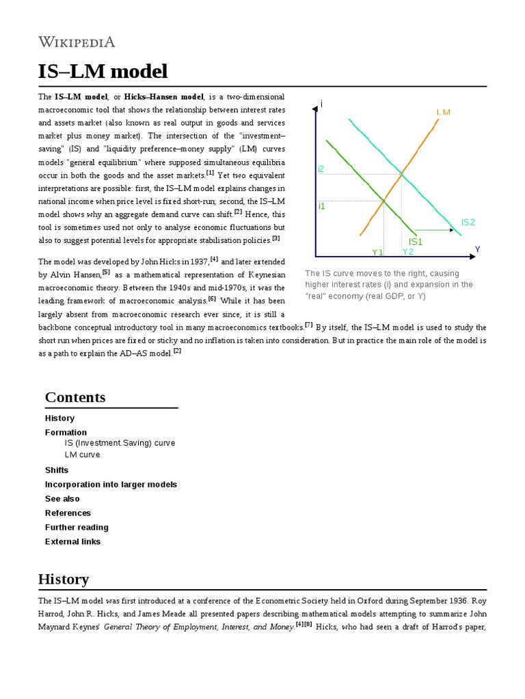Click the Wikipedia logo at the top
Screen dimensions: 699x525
pyautogui.click(x=77, y=42)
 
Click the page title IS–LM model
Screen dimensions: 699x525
pyautogui.click(x=103, y=72)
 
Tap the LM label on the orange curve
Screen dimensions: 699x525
pyautogui.click(x=443, y=112)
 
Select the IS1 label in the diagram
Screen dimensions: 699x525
pyautogui.click(x=416, y=242)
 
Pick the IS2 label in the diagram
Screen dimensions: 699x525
pyautogui.click(x=468, y=222)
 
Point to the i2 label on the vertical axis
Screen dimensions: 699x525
pyautogui.click(x=321, y=169)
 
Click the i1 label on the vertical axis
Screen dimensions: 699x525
pyautogui.click(x=321, y=205)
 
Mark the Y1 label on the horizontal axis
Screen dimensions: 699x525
pyautogui.click(x=377, y=253)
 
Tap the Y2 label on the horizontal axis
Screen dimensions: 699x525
pyautogui.click(x=408, y=252)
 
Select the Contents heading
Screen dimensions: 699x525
pyautogui.click(x=75, y=397)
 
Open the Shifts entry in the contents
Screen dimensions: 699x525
pyautogui.click(x=57, y=470)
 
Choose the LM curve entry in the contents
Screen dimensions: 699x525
pyautogui.click(x=82, y=455)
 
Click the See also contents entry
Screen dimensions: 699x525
pyautogui.click(x=62, y=498)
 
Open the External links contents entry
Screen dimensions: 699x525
pyautogui.click(x=72, y=541)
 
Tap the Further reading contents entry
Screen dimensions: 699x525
pyautogui.click(x=77, y=527)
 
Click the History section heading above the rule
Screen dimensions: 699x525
pyautogui.click(x=64, y=579)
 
